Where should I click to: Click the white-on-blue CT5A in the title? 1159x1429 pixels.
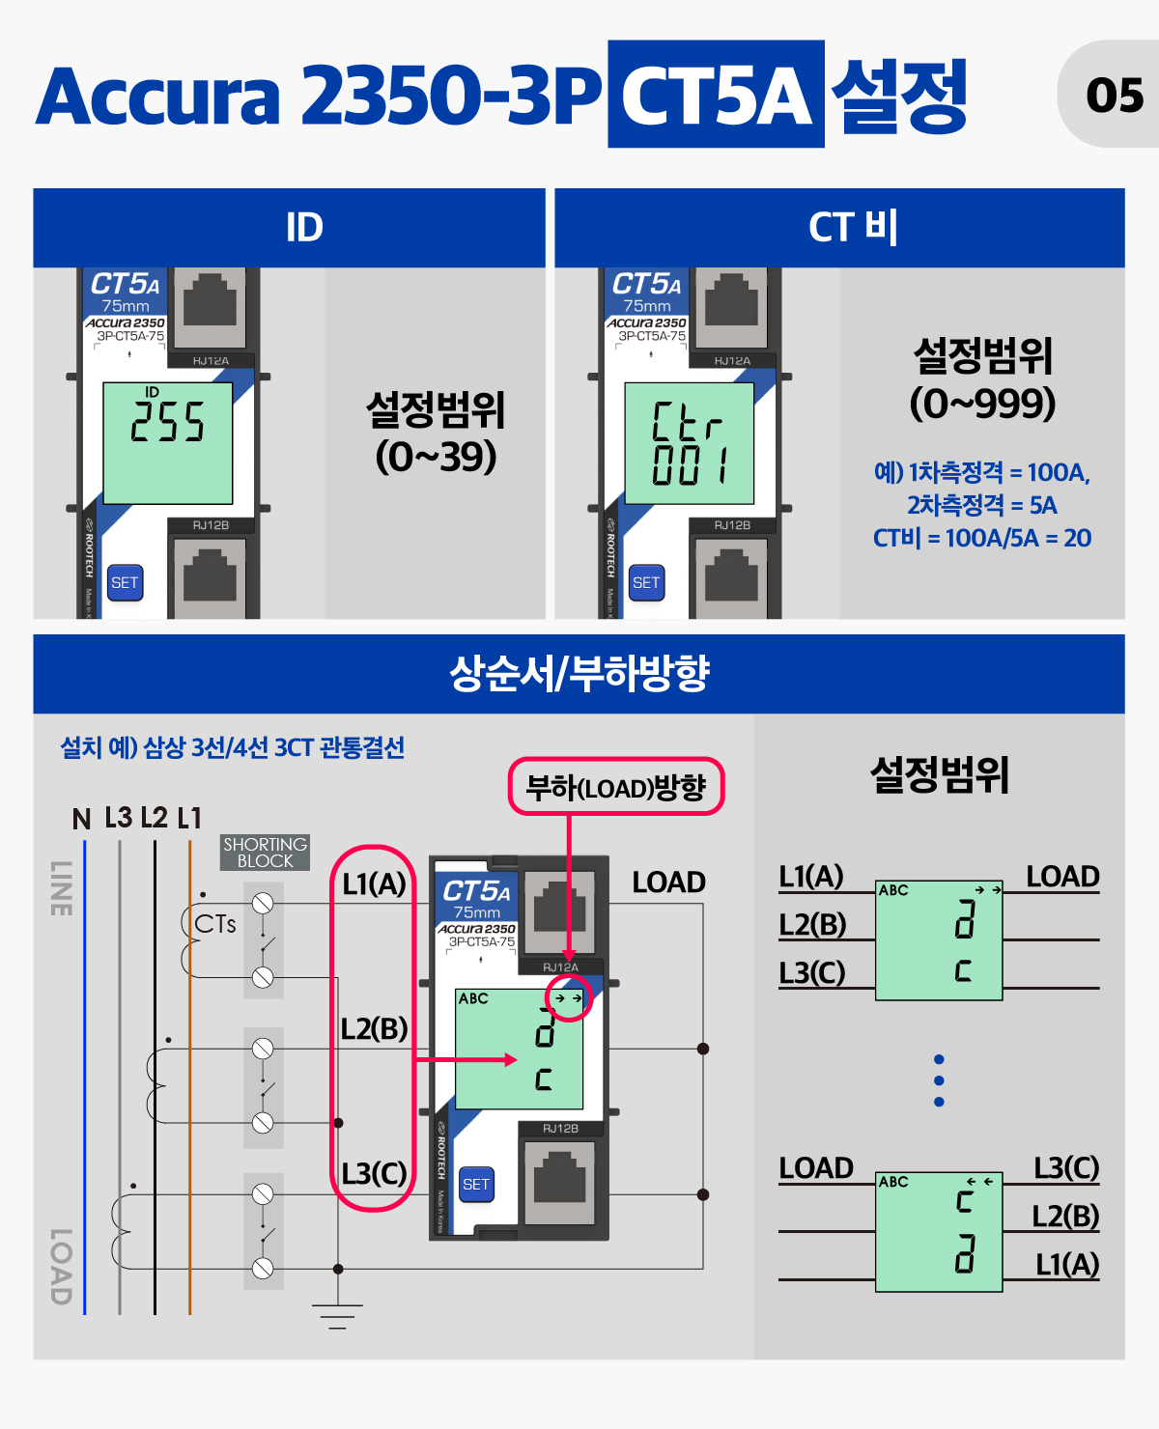click(716, 95)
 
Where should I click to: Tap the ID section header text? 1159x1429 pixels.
click(304, 228)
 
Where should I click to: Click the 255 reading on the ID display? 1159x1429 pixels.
click(167, 421)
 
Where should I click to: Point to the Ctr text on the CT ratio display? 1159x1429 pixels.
click(687, 421)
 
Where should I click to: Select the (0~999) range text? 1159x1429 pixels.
click(982, 404)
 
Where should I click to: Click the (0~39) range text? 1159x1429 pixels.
click(436, 457)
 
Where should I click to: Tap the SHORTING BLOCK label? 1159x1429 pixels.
click(265, 853)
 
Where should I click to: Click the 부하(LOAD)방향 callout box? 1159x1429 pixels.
click(616, 786)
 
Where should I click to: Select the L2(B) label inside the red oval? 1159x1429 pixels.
click(374, 1028)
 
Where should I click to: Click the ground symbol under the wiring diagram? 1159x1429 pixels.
click(338, 1316)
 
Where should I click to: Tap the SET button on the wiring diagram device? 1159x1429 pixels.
click(476, 1184)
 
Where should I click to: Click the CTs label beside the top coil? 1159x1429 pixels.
click(214, 924)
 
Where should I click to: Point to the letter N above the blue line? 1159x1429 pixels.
click(81, 819)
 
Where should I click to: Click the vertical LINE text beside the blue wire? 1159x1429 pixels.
click(61, 888)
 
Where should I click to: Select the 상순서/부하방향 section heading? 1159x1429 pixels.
click(579, 674)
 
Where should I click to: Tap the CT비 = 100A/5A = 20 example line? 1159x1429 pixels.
click(982, 538)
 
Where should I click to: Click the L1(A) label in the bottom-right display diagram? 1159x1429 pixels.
click(1067, 1264)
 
